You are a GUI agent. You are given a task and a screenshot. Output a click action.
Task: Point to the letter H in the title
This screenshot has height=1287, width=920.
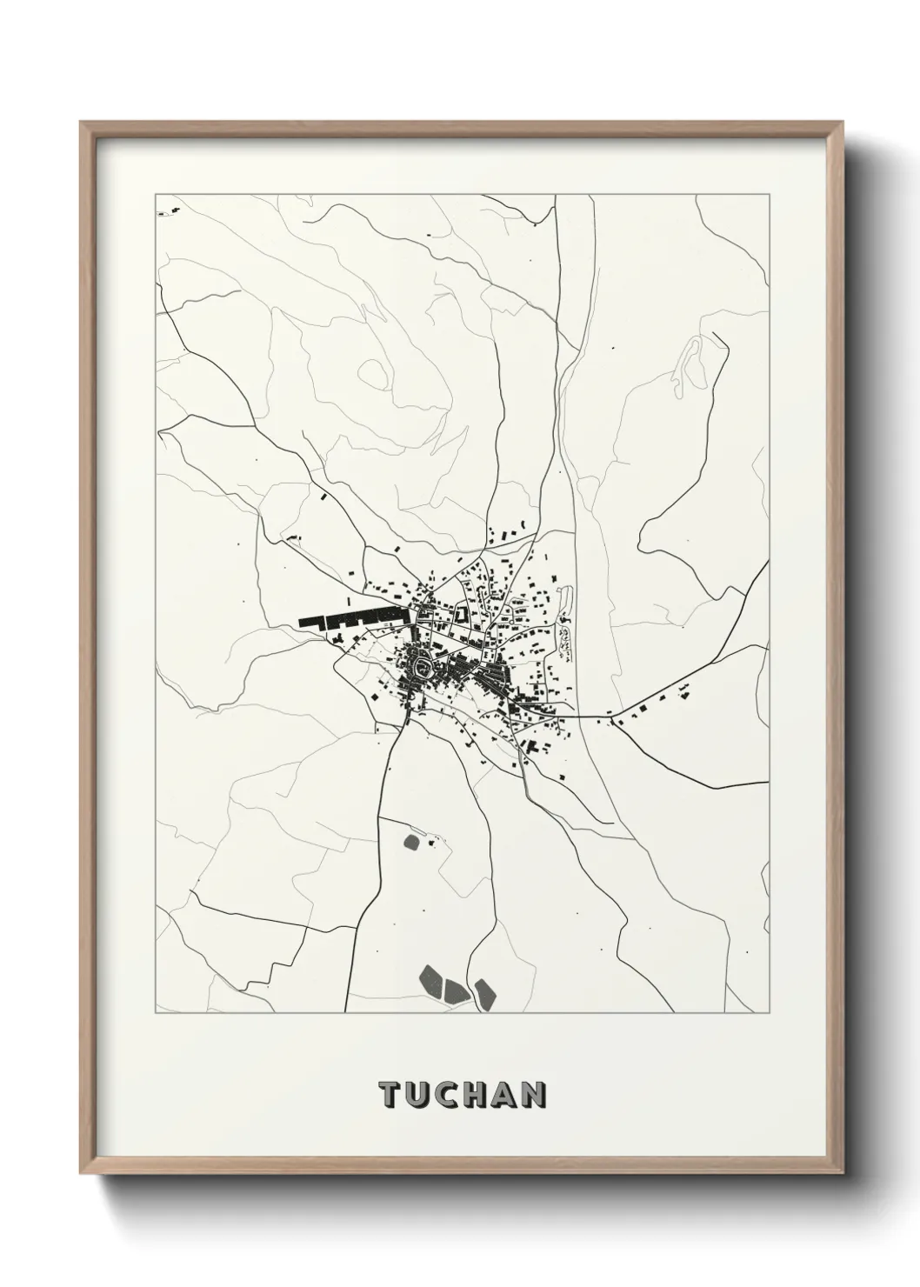(476, 1095)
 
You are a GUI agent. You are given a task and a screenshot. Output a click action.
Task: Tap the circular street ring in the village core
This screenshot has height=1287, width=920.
(423, 668)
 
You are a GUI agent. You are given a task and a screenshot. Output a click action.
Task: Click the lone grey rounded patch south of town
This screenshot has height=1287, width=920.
(412, 841)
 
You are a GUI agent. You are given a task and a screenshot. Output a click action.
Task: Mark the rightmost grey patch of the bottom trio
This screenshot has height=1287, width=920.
(484, 993)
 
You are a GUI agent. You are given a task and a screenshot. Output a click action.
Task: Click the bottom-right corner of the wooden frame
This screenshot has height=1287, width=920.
(840, 1169)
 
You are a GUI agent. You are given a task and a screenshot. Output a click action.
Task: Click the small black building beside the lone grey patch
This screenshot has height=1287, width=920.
(428, 840)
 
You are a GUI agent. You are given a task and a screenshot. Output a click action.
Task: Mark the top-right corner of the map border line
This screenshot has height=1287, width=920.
(769, 194)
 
